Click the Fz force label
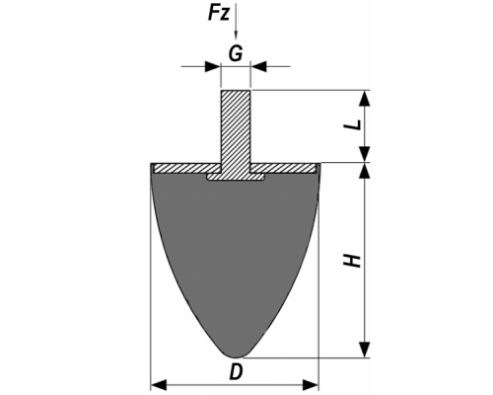pos(218,14)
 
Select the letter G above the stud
pos(236,53)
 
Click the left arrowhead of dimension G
pos(212,66)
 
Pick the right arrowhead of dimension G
pos(258,66)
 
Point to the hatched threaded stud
pos(236,131)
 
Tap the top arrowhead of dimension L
pos(365,98)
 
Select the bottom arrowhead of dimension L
pos(365,154)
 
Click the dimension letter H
pos(352,261)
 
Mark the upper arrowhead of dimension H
pos(365,171)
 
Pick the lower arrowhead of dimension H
pos(365,350)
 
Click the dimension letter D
pos(236,372)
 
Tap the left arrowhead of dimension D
pos(159,384)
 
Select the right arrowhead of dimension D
pos(311,384)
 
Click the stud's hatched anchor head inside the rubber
pos(236,177)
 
